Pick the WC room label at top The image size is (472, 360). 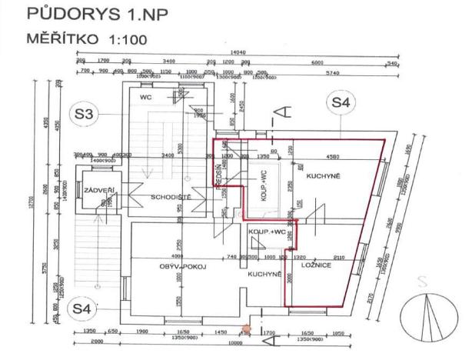[x=145, y=98]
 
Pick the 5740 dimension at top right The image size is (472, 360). [x=332, y=72]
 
